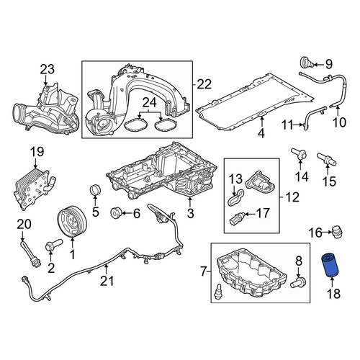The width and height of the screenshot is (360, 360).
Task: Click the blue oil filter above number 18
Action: (328, 266)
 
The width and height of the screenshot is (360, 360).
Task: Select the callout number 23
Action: (48, 69)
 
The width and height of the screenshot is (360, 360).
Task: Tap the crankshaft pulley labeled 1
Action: (72, 222)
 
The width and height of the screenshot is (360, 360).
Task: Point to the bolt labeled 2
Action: (53, 245)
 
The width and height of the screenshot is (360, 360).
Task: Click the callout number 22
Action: (204, 84)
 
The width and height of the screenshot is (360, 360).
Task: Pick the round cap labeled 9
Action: (307, 63)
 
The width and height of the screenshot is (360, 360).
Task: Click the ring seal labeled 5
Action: (95, 190)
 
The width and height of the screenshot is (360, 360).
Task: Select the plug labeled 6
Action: (116, 212)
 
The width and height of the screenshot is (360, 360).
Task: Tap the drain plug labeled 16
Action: (337, 232)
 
